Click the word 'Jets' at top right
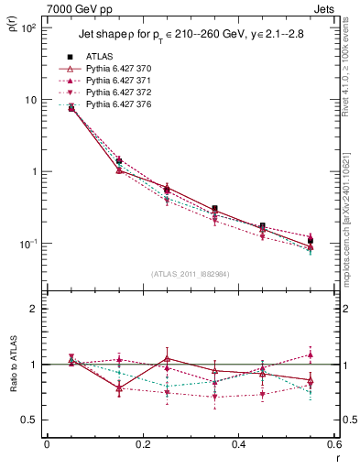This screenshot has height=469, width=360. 326,7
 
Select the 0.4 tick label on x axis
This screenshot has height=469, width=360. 238,444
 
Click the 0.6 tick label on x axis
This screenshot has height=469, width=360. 333,444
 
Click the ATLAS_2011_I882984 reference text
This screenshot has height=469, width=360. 190,274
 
